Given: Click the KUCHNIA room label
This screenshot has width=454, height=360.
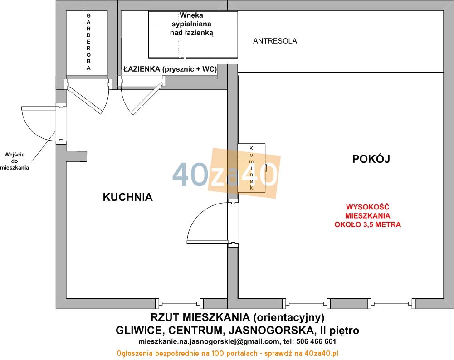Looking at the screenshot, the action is (x=128, y=197).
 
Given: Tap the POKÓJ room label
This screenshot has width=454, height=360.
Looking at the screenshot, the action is (x=371, y=159).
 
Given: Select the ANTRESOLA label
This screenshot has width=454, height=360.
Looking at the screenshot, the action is (x=275, y=41).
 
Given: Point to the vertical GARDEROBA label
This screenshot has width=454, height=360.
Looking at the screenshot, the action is (x=88, y=42).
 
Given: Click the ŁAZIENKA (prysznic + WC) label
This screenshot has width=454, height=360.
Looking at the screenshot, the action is (x=170, y=69).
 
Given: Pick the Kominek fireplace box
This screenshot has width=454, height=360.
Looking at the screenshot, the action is (x=251, y=168).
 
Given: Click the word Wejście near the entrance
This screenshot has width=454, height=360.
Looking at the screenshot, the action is (x=15, y=155).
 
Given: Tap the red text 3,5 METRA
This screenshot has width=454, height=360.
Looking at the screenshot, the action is (x=382, y=224).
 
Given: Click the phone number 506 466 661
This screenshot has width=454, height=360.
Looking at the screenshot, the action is (x=316, y=341).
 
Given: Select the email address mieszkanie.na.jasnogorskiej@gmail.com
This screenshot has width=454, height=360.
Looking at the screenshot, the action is (x=209, y=342).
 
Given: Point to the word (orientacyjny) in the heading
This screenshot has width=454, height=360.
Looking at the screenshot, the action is (x=288, y=318).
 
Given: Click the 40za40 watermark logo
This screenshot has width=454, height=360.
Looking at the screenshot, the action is (x=226, y=174).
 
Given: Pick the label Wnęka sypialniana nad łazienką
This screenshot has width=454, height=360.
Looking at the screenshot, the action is (x=191, y=24).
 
